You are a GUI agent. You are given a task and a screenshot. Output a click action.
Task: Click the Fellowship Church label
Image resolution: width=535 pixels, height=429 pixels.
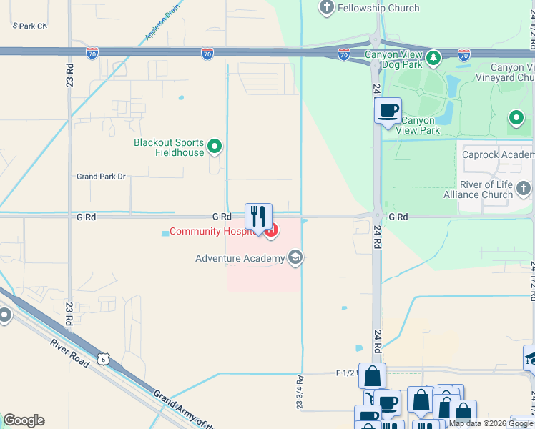pos(379,8)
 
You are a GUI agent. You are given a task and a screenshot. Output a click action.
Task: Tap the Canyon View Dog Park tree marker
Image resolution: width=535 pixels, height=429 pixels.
pos(433,56)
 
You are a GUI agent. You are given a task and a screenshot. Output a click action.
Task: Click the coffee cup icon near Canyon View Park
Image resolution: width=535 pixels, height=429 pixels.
pos(388,111)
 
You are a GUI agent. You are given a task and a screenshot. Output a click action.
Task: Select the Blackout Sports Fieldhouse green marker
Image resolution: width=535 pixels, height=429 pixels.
pos(215,148)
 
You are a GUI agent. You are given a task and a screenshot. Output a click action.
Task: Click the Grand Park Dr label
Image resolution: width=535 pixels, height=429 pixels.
pos(101,176)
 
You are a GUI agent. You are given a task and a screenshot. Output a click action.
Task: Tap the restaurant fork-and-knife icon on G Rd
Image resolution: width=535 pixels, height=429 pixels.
pos(258,216)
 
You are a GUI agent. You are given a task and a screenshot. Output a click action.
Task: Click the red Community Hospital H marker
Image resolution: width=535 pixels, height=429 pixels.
pos(271,231)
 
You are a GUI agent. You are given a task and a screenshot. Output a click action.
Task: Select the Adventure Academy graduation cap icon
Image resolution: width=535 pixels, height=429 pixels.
pos(295,258)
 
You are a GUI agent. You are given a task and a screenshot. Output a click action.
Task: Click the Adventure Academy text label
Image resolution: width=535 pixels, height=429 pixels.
pos(240,258)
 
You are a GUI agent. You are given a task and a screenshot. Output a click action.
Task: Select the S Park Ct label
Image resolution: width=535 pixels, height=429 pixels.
pos(29,26)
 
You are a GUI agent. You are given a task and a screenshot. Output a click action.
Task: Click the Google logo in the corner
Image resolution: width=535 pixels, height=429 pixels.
pos(24,420)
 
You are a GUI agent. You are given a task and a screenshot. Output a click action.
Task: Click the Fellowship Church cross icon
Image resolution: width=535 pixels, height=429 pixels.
pos(327,8)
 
